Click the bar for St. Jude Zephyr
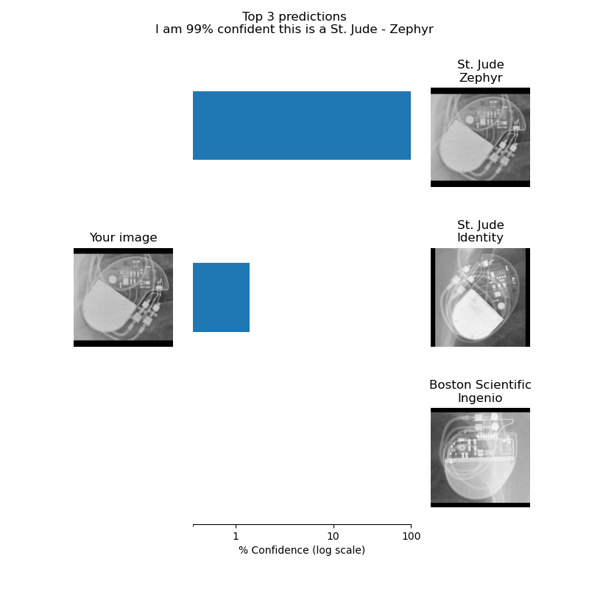(302, 125)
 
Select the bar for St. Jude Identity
(222, 297)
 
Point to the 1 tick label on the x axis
(236, 536)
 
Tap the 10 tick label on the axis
(334, 536)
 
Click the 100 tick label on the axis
(411, 536)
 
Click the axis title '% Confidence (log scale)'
(302, 550)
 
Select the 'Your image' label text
(123, 237)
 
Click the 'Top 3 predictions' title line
(294, 16)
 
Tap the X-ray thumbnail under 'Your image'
(123, 297)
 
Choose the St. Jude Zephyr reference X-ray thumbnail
(480, 137)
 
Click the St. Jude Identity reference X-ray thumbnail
(480, 297)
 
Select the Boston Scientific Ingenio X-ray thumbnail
(480, 457)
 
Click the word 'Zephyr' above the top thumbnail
(481, 78)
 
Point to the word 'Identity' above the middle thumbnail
(480, 237)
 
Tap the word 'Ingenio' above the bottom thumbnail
(480, 398)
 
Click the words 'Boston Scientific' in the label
(480, 384)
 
